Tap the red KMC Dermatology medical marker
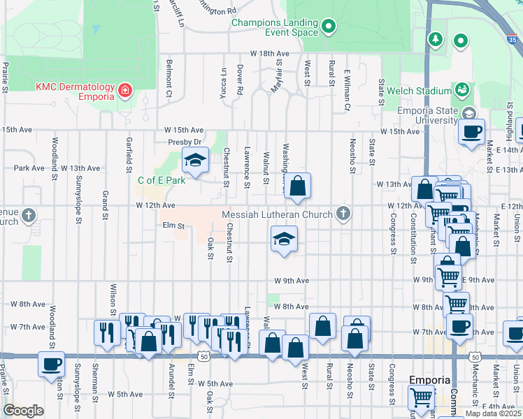tap(124, 91)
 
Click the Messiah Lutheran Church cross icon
tap(343, 214)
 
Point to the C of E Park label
tap(162, 180)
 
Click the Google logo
tap(24, 411)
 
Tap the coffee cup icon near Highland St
tap(472, 131)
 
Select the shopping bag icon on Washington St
tap(297, 186)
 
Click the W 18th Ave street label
tap(269, 54)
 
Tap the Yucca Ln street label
tap(224, 82)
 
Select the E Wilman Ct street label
tap(347, 90)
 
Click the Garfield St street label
tap(129, 154)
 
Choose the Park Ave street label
tap(28, 168)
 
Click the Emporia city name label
tap(429, 381)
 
